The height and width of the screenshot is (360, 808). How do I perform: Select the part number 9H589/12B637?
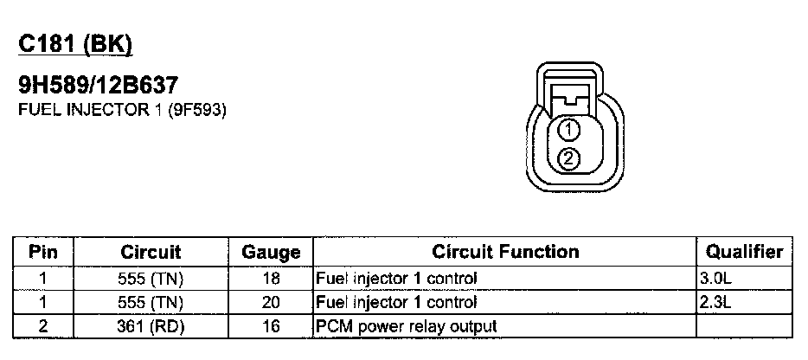pos(98,85)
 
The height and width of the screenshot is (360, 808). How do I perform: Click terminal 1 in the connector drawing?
pos(568,131)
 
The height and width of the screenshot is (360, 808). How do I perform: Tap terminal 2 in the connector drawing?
pos(568,157)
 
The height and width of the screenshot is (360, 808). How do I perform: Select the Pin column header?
pos(42,253)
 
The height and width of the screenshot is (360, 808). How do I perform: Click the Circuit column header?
pos(151,253)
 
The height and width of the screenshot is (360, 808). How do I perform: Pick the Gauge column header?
pos(270,253)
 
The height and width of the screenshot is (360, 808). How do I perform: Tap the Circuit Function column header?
pos(505,253)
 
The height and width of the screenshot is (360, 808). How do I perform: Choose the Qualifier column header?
pos(744,253)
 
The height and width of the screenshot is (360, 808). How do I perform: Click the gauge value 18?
pos(270,279)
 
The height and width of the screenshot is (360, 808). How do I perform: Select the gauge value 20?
pos(270,303)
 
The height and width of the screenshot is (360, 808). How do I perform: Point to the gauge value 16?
pos(270,326)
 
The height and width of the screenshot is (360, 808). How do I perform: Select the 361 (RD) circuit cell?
pos(151,326)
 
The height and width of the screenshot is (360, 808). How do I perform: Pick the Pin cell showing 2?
pos(42,326)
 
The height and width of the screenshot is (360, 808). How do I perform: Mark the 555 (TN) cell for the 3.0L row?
pos(151,279)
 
